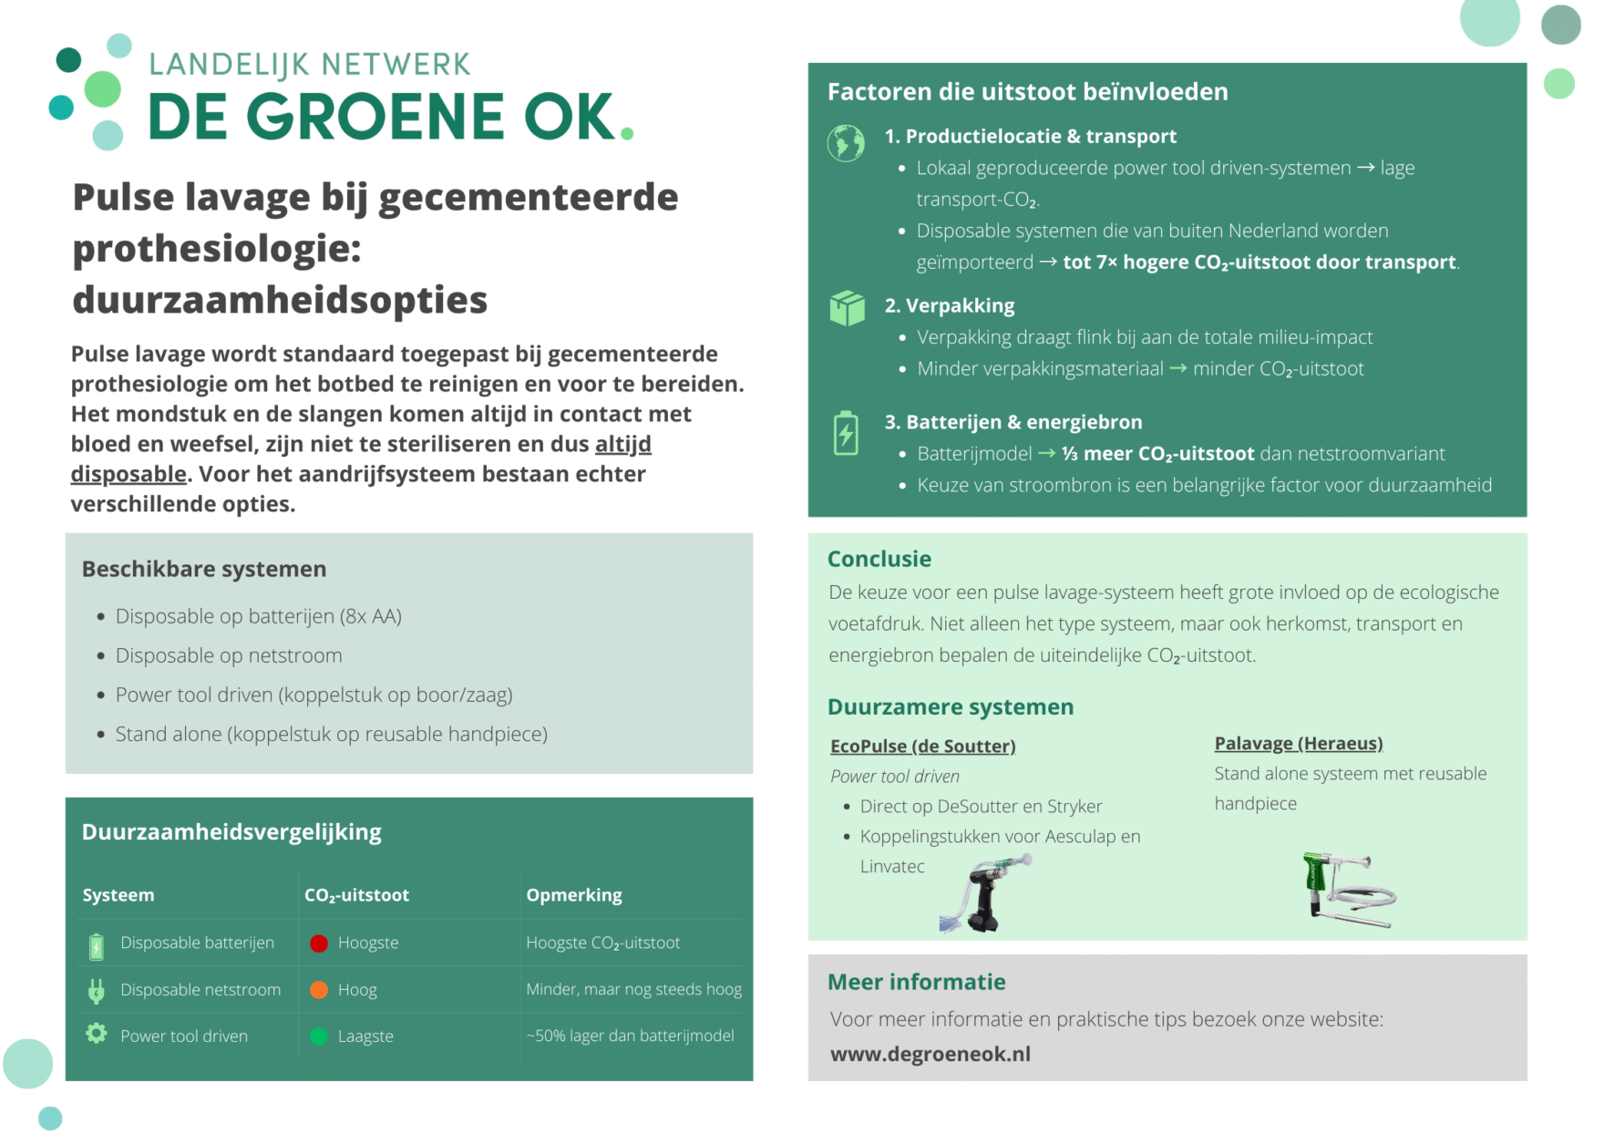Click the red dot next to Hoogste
[x=319, y=943]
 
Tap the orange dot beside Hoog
[x=319, y=990]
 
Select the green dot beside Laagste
[x=319, y=1036]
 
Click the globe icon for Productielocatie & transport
[x=846, y=143]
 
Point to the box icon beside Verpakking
[x=847, y=308]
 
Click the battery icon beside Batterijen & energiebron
[x=846, y=433]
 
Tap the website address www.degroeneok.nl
[x=930, y=1054]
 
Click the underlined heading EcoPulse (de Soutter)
[x=922, y=747]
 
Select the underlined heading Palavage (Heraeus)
[x=1298, y=744]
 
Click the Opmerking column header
[x=574, y=895]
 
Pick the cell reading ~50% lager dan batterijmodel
[x=630, y=1036]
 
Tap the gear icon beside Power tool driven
[x=97, y=1034]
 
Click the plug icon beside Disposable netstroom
[x=97, y=990]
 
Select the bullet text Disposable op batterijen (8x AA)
[x=258, y=616]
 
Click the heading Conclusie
[x=879, y=559]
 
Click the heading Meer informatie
[x=916, y=982]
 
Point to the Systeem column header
[x=118, y=895]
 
